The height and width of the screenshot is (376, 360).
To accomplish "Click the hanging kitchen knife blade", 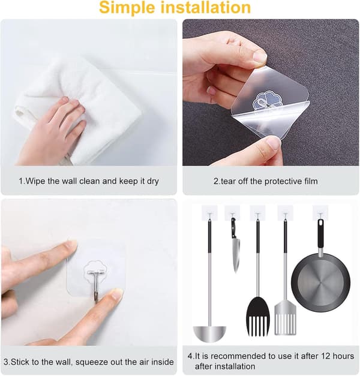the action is click(236, 256).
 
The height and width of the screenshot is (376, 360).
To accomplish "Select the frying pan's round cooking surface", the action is click(320, 283).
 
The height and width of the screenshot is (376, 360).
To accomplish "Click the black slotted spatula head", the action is click(258, 317).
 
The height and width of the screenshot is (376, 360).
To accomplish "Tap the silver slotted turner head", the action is click(286, 318).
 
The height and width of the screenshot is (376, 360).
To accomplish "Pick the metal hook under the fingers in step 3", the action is click(96, 285).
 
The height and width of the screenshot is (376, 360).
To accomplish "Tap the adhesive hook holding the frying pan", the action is click(320, 212).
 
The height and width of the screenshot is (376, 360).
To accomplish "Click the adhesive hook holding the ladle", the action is click(209, 213).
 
